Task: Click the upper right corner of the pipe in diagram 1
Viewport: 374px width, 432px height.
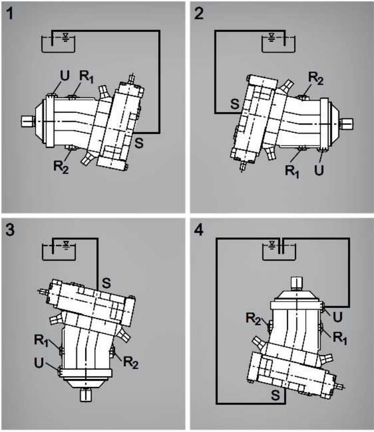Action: pos(159,31)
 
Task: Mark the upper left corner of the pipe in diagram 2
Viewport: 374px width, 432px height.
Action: pos(215,31)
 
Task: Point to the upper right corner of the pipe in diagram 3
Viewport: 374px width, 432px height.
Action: pos(97,239)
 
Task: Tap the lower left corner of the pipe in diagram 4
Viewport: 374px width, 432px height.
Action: pos(217,403)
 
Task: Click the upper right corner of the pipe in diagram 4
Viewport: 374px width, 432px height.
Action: pos(349,239)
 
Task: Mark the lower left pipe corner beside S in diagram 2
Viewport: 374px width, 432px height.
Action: pos(215,113)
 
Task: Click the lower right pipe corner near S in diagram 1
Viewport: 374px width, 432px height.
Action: pos(159,133)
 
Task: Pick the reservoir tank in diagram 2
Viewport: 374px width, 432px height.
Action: pos(278,44)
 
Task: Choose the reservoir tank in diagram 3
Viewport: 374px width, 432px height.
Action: pos(59,251)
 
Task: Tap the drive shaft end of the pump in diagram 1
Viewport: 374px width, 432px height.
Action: pos(28,121)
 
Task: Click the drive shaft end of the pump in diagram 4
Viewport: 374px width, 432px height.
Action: pos(296,283)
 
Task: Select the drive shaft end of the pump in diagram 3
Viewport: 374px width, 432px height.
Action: pos(86,395)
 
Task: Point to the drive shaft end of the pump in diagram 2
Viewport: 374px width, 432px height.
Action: pos(347,124)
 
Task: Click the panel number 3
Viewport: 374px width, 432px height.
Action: pos(10,230)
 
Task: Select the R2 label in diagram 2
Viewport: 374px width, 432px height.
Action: pos(315,78)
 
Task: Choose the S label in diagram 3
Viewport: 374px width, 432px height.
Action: pos(106,283)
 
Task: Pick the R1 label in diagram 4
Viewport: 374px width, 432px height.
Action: pos(340,338)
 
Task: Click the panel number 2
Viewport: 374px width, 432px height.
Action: pos(199,14)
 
